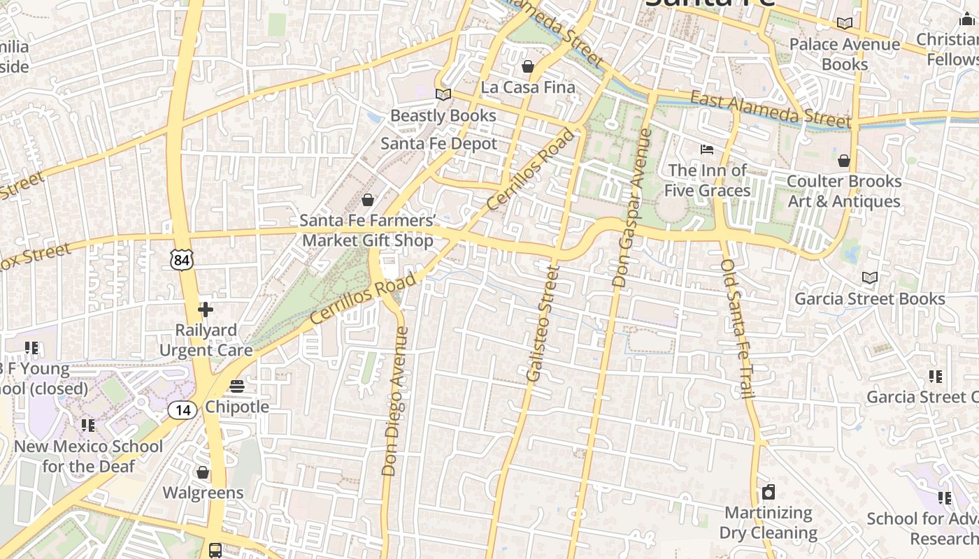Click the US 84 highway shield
(x=181, y=260)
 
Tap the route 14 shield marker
(x=182, y=410)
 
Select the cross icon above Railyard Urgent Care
(x=206, y=309)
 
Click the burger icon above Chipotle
(x=236, y=386)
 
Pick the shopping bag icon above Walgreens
(x=203, y=473)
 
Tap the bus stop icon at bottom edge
(x=215, y=550)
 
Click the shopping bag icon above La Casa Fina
(x=528, y=66)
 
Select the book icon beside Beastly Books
(x=443, y=94)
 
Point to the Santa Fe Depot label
(x=438, y=144)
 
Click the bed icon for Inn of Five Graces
(x=707, y=150)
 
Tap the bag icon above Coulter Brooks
(x=844, y=161)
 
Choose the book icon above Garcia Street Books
(x=870, y=278)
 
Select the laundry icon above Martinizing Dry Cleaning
(x=769, y=492)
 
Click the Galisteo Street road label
(x=543, y=323)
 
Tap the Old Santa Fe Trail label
(x=738, y=328)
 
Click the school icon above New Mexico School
(x=88, y=425)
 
